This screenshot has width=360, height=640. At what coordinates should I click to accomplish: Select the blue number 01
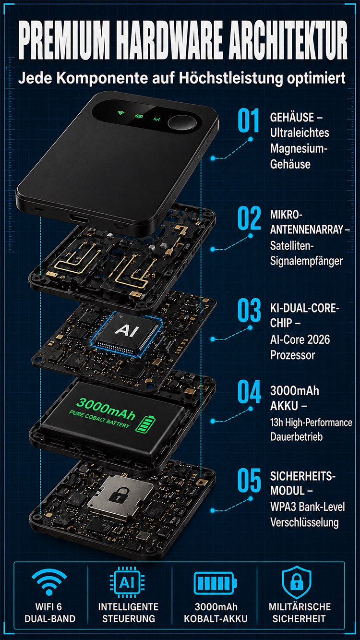249,121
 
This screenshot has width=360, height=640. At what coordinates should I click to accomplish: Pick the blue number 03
249,310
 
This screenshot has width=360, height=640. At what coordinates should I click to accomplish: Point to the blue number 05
249,480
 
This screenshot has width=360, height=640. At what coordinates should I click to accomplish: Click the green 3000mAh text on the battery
106,408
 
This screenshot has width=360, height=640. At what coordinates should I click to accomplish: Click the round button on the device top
182,123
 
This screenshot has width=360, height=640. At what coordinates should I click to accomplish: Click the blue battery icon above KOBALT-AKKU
215,582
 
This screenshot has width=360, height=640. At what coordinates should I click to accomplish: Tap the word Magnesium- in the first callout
299,148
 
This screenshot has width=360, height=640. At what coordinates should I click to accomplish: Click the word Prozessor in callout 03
293,355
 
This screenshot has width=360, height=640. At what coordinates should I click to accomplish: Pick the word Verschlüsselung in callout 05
304,522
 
